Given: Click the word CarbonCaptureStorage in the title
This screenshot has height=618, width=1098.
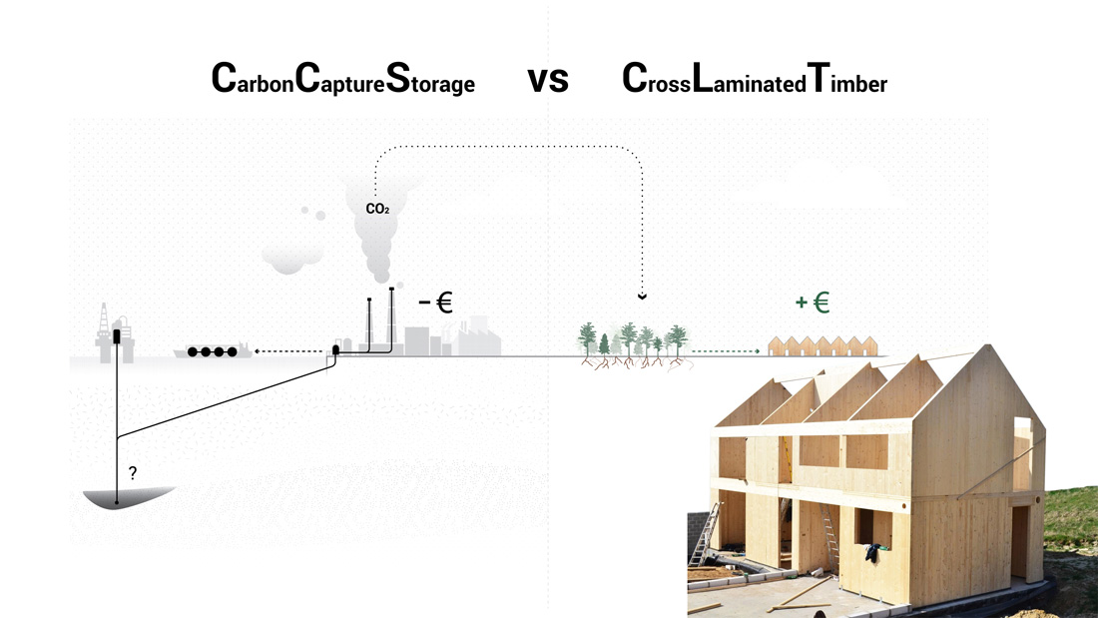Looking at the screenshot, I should tap(342, 80).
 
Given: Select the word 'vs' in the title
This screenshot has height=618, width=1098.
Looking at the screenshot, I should tap(547, 80).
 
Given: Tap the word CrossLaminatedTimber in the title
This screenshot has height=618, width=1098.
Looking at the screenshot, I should tap(754, 80).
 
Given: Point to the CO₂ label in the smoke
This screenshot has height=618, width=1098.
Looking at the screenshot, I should tap(377, 210).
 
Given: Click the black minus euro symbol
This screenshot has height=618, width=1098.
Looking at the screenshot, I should tap(435, 303).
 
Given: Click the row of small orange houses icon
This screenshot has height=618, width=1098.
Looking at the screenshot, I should tap(823, 346).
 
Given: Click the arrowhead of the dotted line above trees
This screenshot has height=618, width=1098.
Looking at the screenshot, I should tap(642, 297).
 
